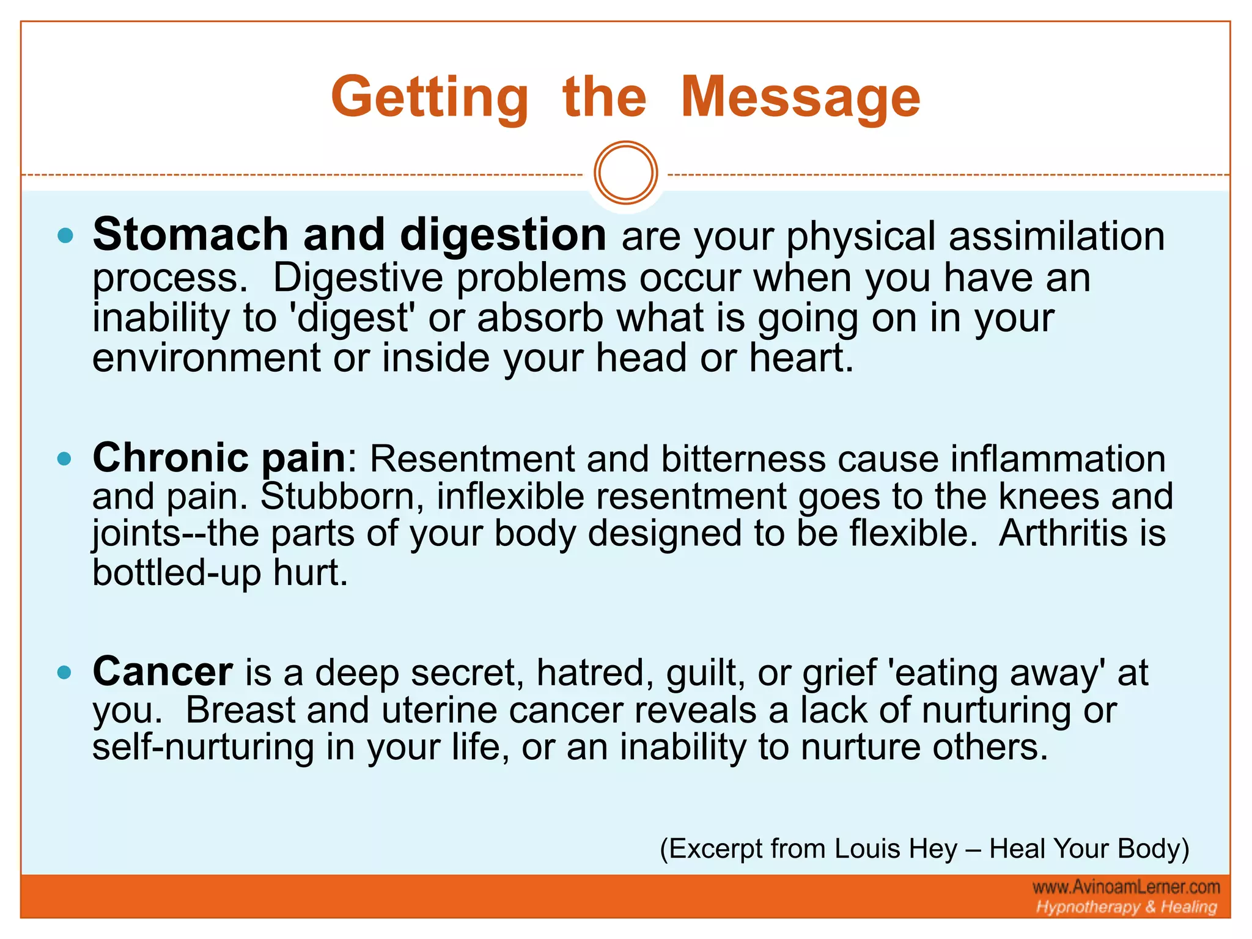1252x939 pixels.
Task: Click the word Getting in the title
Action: (429, 98)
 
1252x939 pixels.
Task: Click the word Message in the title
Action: (800, 98)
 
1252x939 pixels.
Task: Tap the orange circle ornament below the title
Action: (625, 173)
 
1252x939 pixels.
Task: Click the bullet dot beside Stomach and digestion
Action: (65, 235)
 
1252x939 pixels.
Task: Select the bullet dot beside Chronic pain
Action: (65, 458)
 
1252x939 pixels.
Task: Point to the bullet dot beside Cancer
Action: (65, 673)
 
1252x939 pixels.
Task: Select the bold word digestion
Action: (503, 235)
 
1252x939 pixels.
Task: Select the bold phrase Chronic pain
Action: (219, 458)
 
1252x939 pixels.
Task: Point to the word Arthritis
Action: (1062, 533)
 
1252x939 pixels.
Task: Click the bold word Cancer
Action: (163, 672)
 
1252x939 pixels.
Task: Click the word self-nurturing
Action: (202, 747)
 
